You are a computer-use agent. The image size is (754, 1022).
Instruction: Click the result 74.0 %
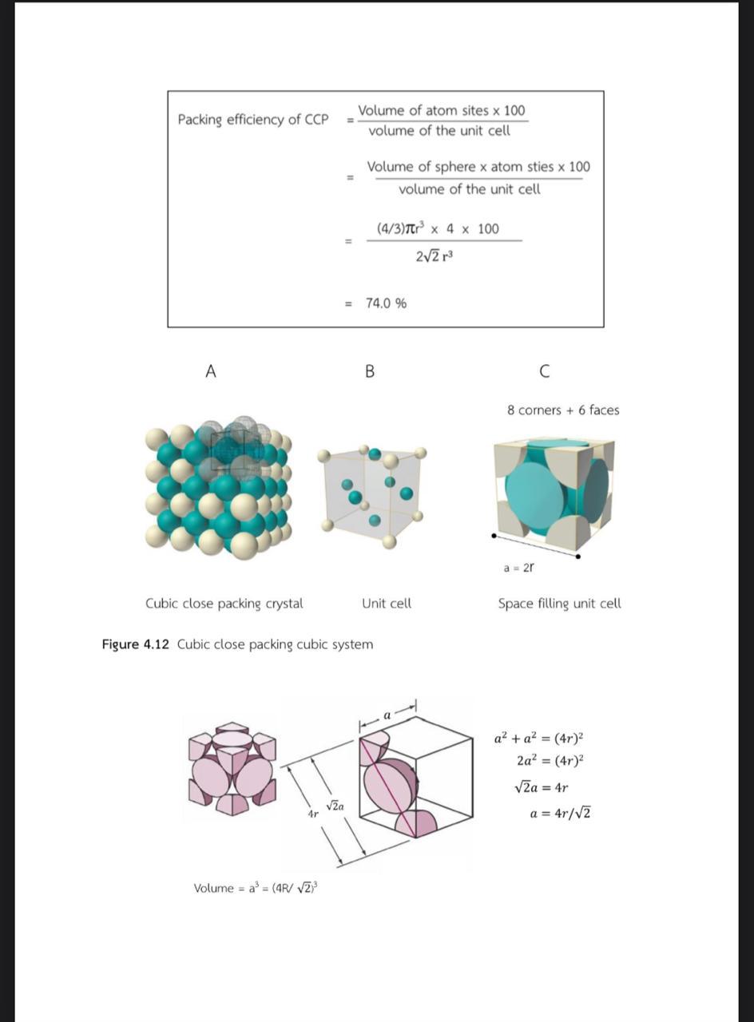coord(386,303)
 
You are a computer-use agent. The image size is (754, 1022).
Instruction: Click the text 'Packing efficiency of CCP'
coord(252,120)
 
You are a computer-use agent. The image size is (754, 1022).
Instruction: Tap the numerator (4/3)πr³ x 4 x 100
coord(438,229)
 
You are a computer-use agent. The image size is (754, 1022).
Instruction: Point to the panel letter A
coord(211,371)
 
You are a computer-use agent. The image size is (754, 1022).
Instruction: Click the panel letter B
coord(369,371)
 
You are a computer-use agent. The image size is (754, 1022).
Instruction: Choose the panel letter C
coord(545,371)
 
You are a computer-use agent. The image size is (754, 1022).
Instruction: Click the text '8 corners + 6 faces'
coord(563,410)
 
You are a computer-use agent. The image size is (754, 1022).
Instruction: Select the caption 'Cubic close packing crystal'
coord(224,604)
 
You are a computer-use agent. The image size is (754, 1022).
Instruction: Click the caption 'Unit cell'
coord(387,604)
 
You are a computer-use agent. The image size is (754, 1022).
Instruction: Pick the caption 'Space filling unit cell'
coord(559,604)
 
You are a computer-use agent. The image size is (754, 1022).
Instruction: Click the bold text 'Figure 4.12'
coord(135,644)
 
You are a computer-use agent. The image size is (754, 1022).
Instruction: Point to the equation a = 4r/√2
coord(560,814)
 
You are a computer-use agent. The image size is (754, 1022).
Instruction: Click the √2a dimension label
coord(335,806)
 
